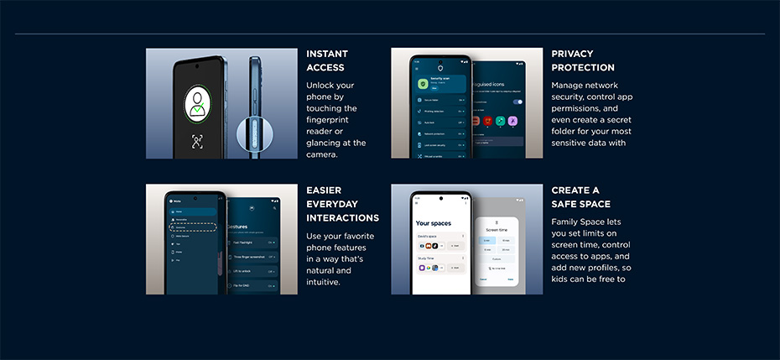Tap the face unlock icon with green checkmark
pyautogui.click(x=197, y=103)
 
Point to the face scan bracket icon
pyautogui.click(x=197, y=141)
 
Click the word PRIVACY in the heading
pyautogui.click(x=572, y=54)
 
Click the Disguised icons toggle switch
pyautogui.click(x=517, y=102)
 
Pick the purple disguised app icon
pyautogui.click(x=510, y=121)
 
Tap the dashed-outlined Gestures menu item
pyautogui.click(x=194, y=227)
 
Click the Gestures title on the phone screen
pyautogui.click(x=243, y=227)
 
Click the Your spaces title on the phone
pyautogui.click(x=434, y=223)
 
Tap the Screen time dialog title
pyautogui.click(x=497, y=229)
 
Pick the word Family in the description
pyautogui.click(x=568, y=222)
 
